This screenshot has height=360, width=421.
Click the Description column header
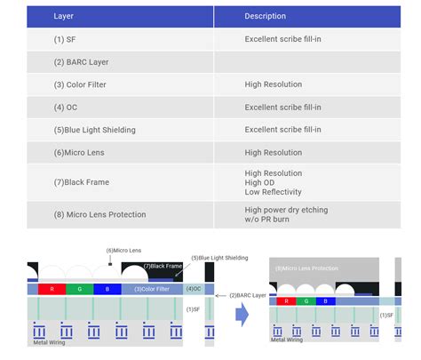tap(266, 16)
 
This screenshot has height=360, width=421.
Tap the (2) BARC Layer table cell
tap(81, 62)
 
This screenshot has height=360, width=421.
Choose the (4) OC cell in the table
tap(66, 107)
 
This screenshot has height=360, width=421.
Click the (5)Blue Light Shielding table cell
tap(94, 130)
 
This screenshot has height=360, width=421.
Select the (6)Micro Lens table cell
tap(79, 152)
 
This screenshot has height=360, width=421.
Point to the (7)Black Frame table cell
tap(82, 182)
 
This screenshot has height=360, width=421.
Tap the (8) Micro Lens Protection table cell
tap(99, 214)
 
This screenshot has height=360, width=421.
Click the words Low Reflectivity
tap(274, 192)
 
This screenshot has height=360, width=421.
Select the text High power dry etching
tap(286, 209)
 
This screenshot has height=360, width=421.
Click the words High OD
tap(260, 182)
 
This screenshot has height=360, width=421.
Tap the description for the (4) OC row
tap(282, 107)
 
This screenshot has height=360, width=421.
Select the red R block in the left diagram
tap(52, 288)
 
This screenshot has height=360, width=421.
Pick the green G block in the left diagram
tap(80, 288)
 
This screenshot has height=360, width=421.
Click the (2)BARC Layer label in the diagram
tap(250, 294)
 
